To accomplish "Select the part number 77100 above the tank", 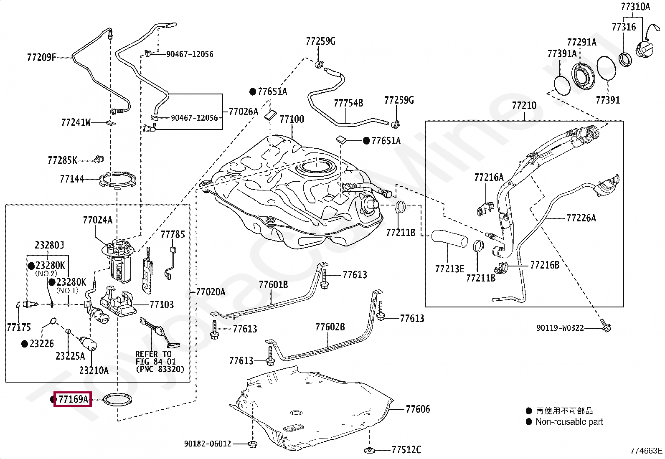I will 292,119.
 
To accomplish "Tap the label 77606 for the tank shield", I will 418,409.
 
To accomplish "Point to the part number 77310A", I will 635,7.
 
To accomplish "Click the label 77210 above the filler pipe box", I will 524,106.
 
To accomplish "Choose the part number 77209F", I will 41,58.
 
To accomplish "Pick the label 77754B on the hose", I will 348,103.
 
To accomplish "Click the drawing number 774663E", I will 646,451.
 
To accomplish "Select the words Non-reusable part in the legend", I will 569,422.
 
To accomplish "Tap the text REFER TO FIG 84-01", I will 155,358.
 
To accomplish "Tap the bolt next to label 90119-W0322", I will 604,325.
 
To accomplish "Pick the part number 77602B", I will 330,327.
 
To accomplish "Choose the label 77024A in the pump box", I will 97,220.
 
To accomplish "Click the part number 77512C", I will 406,450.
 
